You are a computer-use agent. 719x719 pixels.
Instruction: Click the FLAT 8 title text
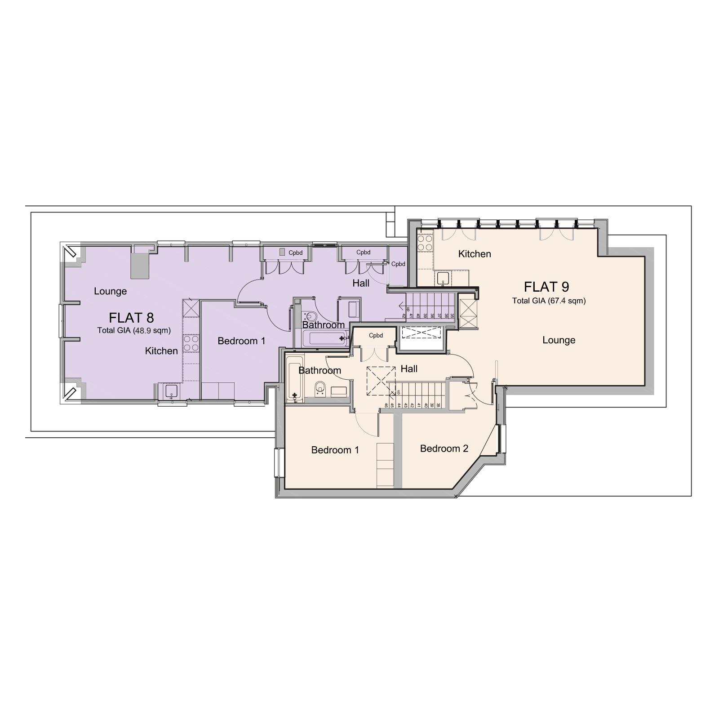pyautogui.click(x=131, y=318)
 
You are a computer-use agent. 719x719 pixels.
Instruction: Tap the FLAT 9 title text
pyautogui.click(x=546, y=287)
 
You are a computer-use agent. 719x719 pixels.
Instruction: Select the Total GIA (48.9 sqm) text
pyautogui.click(x=134, y=330)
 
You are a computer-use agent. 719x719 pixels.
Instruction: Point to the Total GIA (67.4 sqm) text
pyautogui.click(x=549, y=301)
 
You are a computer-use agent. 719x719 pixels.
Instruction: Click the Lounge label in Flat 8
pyautogui.click(x=110, y=291)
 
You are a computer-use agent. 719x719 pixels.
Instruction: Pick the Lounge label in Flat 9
pyautogui.click(x=559, y=340)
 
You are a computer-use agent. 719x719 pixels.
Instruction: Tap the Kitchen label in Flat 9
pyautogui.click(x=475, y=254)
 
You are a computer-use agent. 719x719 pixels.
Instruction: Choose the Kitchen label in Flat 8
pyautogui.click(x=161, y=351)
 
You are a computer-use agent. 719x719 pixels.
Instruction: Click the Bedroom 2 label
pyautogui.click(x=444, y=448)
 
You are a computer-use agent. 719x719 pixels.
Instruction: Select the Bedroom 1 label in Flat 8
pyautogui.click(x=241, y=341)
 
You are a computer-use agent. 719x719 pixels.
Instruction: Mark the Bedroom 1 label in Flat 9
pyautogui.click(x=335, y=450)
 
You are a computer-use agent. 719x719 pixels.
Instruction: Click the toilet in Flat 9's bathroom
pyautogui.click(x=320, y=388)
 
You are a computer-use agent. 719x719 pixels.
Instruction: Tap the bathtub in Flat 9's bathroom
pyautogui.click(x=295, y=377)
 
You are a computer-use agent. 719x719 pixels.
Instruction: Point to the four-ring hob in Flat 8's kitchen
pyautogui.click(x=191, y=343)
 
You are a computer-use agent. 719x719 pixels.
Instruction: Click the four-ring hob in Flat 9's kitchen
pyautogui.click(x=424, y=243)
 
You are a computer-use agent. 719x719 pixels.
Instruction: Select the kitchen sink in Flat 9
pyautogui.click(x=443, y=278)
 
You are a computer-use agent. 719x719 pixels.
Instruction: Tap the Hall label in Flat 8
pyautogui.click(x=361, y=283)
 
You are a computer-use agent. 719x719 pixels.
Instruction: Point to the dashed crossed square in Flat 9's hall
pyautogui.click(x=381, y=381)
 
